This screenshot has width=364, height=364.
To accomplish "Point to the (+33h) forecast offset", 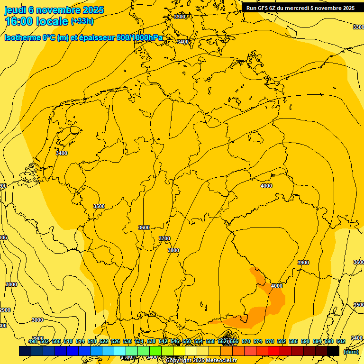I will click(82, 21).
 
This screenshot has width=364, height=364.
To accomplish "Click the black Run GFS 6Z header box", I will click(300, 8).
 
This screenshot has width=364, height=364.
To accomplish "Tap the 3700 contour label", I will click(164, 238).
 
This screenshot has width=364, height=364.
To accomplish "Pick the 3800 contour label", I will click(173, 250).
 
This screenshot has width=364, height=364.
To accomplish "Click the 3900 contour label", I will click(303, 263).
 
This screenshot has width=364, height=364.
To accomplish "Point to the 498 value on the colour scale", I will click(33, 341).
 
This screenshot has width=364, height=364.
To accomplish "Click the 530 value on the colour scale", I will click(127, 341).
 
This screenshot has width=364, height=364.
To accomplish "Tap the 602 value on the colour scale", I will click(341, 341).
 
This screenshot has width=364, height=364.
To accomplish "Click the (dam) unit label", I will click(351, 352).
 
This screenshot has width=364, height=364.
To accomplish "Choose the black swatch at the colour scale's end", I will click(333, 351).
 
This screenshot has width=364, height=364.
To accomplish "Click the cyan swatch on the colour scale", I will click(120, 351).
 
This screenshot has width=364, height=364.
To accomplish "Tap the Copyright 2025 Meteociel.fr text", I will click(201, 361).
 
